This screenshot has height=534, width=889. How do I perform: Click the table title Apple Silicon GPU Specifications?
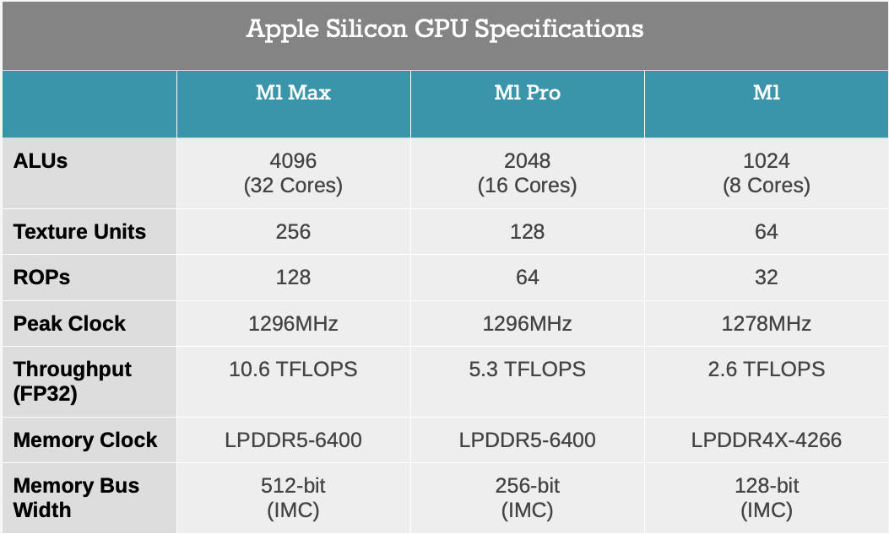click(x=444, y=30)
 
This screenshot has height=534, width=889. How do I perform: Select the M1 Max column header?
click(x=293, y=93)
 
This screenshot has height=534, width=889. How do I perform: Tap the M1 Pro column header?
click(x=527, y=93)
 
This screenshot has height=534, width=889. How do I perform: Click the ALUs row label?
click(x=41, y=161)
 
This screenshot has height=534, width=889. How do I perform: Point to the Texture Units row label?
click(x=79, y=232)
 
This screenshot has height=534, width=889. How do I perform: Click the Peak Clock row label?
click(x=69, y=324)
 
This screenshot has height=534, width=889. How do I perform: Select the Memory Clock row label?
click(x=85, y=440)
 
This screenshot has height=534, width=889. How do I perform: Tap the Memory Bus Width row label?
click(x=76, y=498)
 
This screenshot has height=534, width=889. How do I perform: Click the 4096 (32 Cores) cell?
click(x=293, y=173)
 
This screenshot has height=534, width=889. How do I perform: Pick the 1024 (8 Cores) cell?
click(x=766, y=173)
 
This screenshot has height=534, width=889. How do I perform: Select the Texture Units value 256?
click(x=293, y=232)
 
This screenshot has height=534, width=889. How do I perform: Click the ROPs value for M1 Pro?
click(x=527, y=278)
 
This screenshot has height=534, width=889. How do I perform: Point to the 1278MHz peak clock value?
click(x=766, y=324)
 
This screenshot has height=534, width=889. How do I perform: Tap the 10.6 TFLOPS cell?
click(x=293, y=369)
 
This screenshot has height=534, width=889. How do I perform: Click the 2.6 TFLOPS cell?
click(x=766, y=369)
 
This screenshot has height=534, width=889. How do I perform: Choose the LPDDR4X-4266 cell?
click(x=766, y=440)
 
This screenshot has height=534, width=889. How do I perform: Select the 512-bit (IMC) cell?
click(x=293, y=498)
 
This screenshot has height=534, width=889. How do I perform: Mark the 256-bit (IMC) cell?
click(x=527, y=498)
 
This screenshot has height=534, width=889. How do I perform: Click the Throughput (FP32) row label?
click(x=73, y=381)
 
